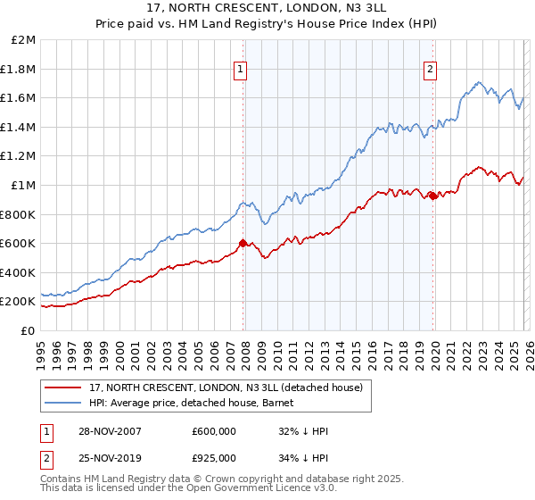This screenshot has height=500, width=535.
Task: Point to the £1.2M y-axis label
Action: pos(19,156)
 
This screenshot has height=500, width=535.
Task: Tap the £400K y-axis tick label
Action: pos(18,272)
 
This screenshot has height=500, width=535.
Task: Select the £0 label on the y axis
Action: pos(29,330)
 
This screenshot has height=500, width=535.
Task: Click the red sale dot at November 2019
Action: pos(432,196)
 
